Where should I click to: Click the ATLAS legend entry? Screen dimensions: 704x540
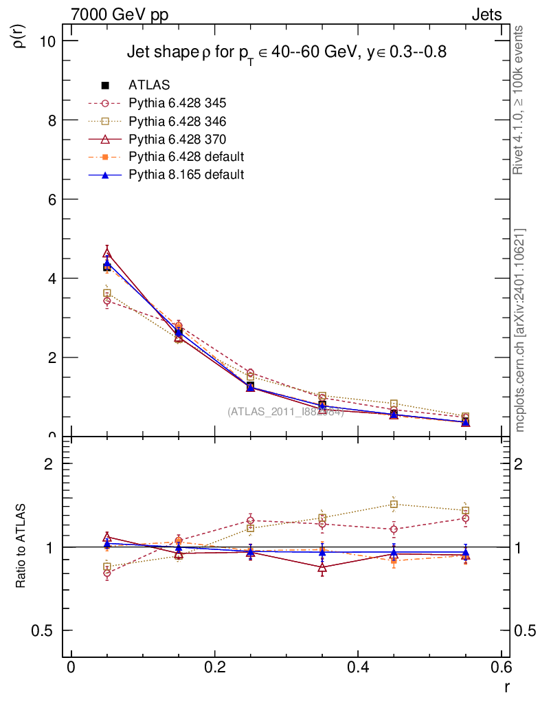[149, 85]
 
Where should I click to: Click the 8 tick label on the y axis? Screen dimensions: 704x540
[51, 120]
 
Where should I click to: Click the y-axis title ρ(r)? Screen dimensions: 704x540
[21, 34]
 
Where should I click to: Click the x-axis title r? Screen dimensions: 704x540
[507, 687]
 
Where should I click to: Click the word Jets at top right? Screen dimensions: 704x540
[486, 14]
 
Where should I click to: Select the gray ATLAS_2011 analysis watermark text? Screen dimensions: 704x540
[285, 412]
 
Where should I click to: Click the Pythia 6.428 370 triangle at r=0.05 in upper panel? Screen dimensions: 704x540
[106, 253]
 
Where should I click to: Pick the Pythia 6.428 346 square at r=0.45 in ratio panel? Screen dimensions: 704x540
[394, 505]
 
